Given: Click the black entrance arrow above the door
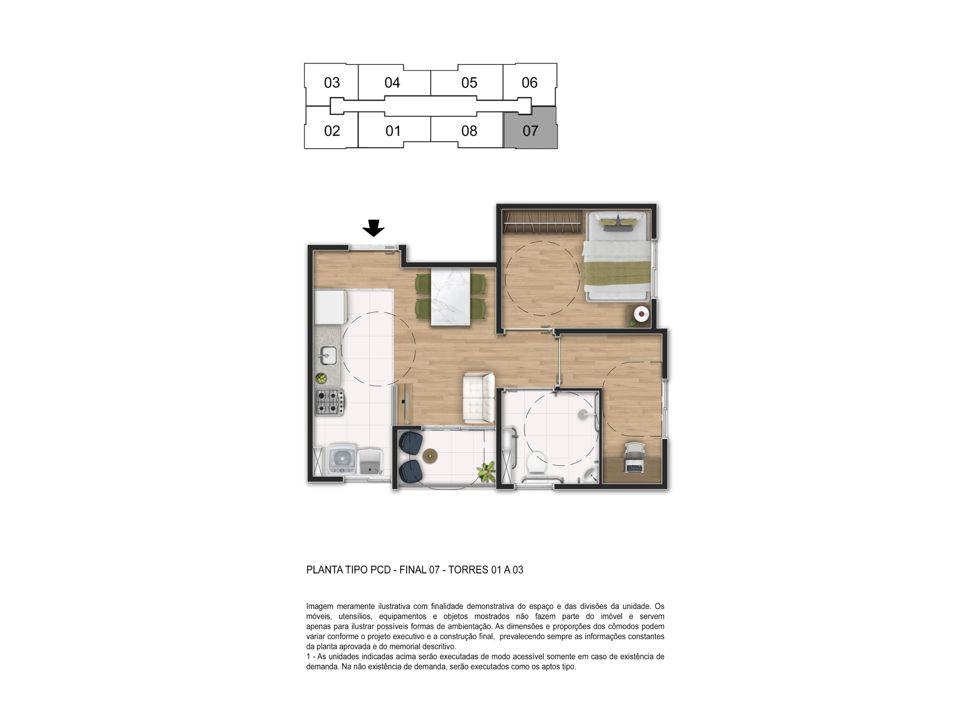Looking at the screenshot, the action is pyautogui.click(x=373, y=228).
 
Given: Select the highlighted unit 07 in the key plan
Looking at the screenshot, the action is pyautogui.click(x=530, y=128).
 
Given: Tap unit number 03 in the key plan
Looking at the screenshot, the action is pyautogui.click(x=332, y=83).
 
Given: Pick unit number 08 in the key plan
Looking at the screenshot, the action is pyautogui.click(x=469, y=131).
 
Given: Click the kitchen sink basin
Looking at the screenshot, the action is pyautogui.click(x=328, y=355).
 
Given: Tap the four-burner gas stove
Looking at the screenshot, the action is pyautogui.click(x=329, y=401).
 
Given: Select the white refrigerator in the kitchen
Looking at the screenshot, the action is pyautogui.click(x=330, y=307).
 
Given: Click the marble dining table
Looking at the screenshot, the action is pyautogui.click(x=450, y=296).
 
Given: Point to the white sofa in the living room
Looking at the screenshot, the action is pyautogui.click(x=479, y=398).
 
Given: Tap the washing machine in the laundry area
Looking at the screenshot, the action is pyautogui.click(x=343, y=460).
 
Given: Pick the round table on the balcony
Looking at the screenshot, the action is pyautogui.click(x=431, y=456).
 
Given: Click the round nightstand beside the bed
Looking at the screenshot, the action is pyautogui.click(x=642, y=314).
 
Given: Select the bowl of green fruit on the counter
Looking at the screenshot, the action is pyautogui.click(x=321, y=378).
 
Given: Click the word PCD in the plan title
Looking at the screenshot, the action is pyautogui.click(x=380, y=570).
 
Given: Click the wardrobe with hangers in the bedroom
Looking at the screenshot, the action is pyautogui.click(x=541, y=222).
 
